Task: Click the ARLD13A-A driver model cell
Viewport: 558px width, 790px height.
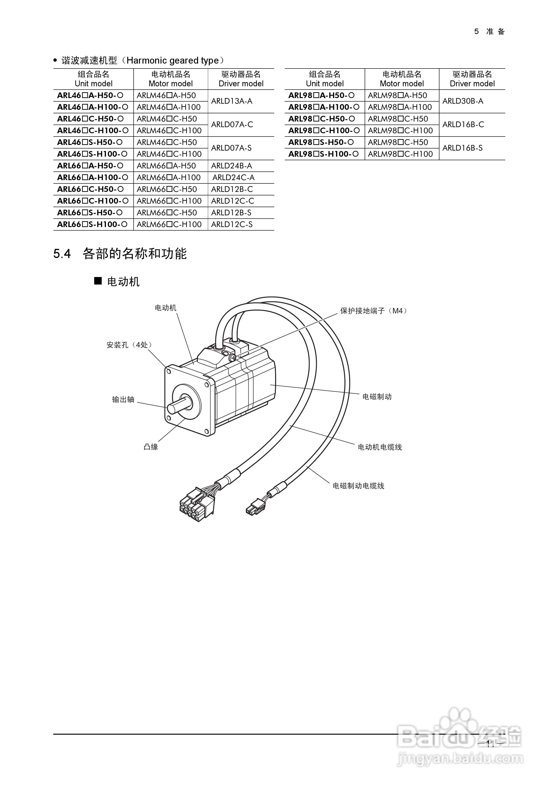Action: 232,101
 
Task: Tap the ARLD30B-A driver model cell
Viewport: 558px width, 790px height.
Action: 463,101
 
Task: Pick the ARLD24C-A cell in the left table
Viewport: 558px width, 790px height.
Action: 233,178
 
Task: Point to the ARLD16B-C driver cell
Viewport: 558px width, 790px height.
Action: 463,125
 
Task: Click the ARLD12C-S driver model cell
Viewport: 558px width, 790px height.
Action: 232,224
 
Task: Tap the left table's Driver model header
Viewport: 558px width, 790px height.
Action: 241,79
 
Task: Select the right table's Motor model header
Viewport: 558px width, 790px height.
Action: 401,79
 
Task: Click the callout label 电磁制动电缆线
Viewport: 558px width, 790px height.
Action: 358,486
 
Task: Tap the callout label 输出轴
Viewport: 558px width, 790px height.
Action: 123,399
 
